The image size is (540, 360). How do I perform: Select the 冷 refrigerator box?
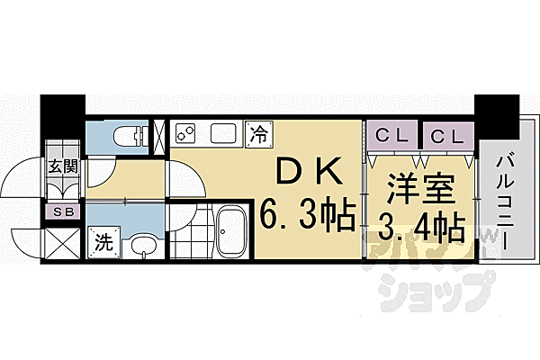258,135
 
